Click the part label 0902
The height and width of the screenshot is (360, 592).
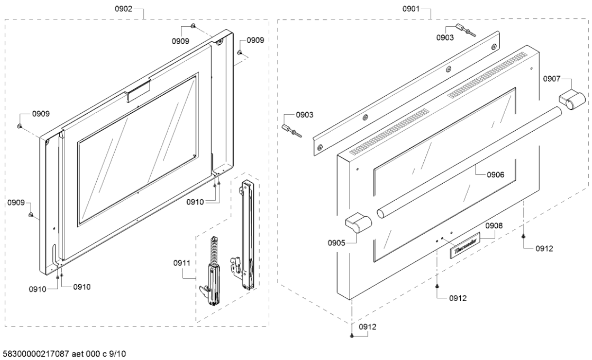(x=124, y=9)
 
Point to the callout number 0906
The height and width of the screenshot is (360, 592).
(x=494, y=175)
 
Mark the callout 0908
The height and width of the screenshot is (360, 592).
(x=494, y=226)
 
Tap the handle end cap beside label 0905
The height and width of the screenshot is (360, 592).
(x=358, y=224)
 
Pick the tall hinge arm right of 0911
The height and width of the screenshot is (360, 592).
(x=247, y=233)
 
